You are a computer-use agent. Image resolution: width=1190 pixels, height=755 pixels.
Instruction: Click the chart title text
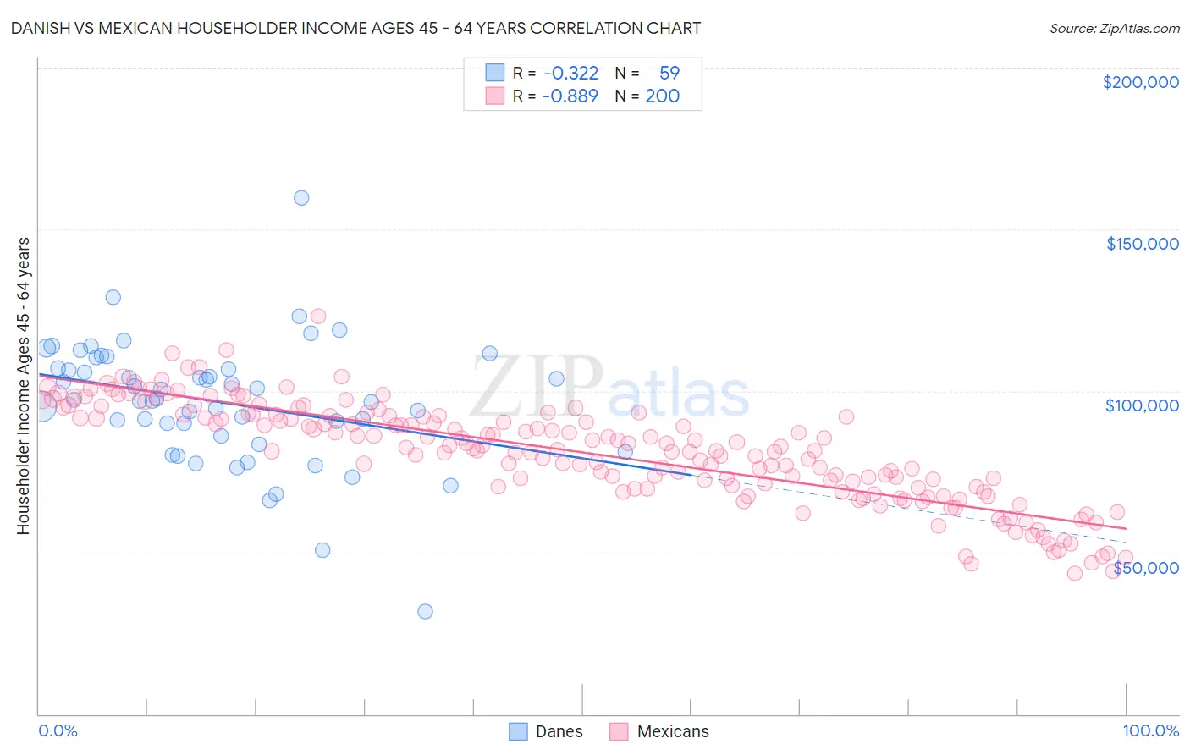(356, 28)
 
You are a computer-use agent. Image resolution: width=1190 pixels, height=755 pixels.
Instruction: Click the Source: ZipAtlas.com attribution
(1114, 28)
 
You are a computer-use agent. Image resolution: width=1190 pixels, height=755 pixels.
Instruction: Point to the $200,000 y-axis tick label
(1140, 82)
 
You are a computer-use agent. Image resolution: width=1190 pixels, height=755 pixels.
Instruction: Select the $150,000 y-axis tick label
(1142, 244)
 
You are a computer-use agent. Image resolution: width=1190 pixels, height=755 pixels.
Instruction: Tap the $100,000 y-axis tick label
(1142, 405)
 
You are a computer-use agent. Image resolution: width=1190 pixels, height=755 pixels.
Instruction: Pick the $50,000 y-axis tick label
(1145, 568)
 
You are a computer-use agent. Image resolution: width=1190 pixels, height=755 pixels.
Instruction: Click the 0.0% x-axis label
(58, 730)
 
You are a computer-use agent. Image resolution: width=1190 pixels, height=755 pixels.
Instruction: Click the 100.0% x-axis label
(1150, 730)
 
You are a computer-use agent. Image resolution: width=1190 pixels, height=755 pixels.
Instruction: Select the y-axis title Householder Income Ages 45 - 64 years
(23, 385)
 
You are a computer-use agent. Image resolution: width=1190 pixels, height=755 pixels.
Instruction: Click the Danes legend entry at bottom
(559, 731)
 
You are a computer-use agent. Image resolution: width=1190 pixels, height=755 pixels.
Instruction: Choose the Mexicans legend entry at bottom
(672, 731)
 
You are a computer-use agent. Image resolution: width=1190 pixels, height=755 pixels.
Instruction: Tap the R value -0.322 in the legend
(571, 74)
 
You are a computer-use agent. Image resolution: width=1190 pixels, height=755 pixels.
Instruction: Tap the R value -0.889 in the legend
(571, 96)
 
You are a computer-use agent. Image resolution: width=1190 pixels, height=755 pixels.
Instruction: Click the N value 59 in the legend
(669, 74)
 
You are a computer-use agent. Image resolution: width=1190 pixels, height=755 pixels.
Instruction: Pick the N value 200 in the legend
(662, 96)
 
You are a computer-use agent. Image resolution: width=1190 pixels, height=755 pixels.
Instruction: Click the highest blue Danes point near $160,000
(301, 198)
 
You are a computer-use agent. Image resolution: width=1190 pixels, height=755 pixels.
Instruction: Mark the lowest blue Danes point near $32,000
(425, 611)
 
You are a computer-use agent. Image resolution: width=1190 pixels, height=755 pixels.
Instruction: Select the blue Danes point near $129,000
(113, 297)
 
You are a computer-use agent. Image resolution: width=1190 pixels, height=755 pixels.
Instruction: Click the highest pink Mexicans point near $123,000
(318, 316)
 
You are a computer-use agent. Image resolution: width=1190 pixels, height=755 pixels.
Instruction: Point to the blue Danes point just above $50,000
(322, 550)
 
